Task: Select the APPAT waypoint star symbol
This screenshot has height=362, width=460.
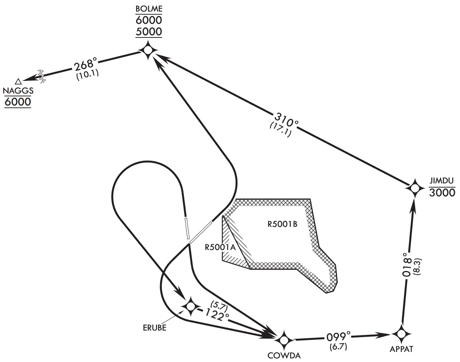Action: [401, 334]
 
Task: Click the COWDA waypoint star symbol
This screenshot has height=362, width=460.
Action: [284, 340]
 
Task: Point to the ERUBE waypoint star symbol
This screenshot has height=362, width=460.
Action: [190, 307]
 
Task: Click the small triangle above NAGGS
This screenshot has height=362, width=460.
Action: [18, 81]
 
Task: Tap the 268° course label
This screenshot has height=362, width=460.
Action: [85, 64]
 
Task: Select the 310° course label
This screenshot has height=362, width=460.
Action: [287, 118]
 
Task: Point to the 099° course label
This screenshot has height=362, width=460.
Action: [338, 336]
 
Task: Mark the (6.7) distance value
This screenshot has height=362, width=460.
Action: [339, 346]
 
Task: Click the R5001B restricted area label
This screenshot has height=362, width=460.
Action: [282, 224]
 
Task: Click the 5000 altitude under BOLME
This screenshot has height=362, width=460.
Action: [149, 32]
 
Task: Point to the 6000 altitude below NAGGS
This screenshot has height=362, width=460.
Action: [18, 101]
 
